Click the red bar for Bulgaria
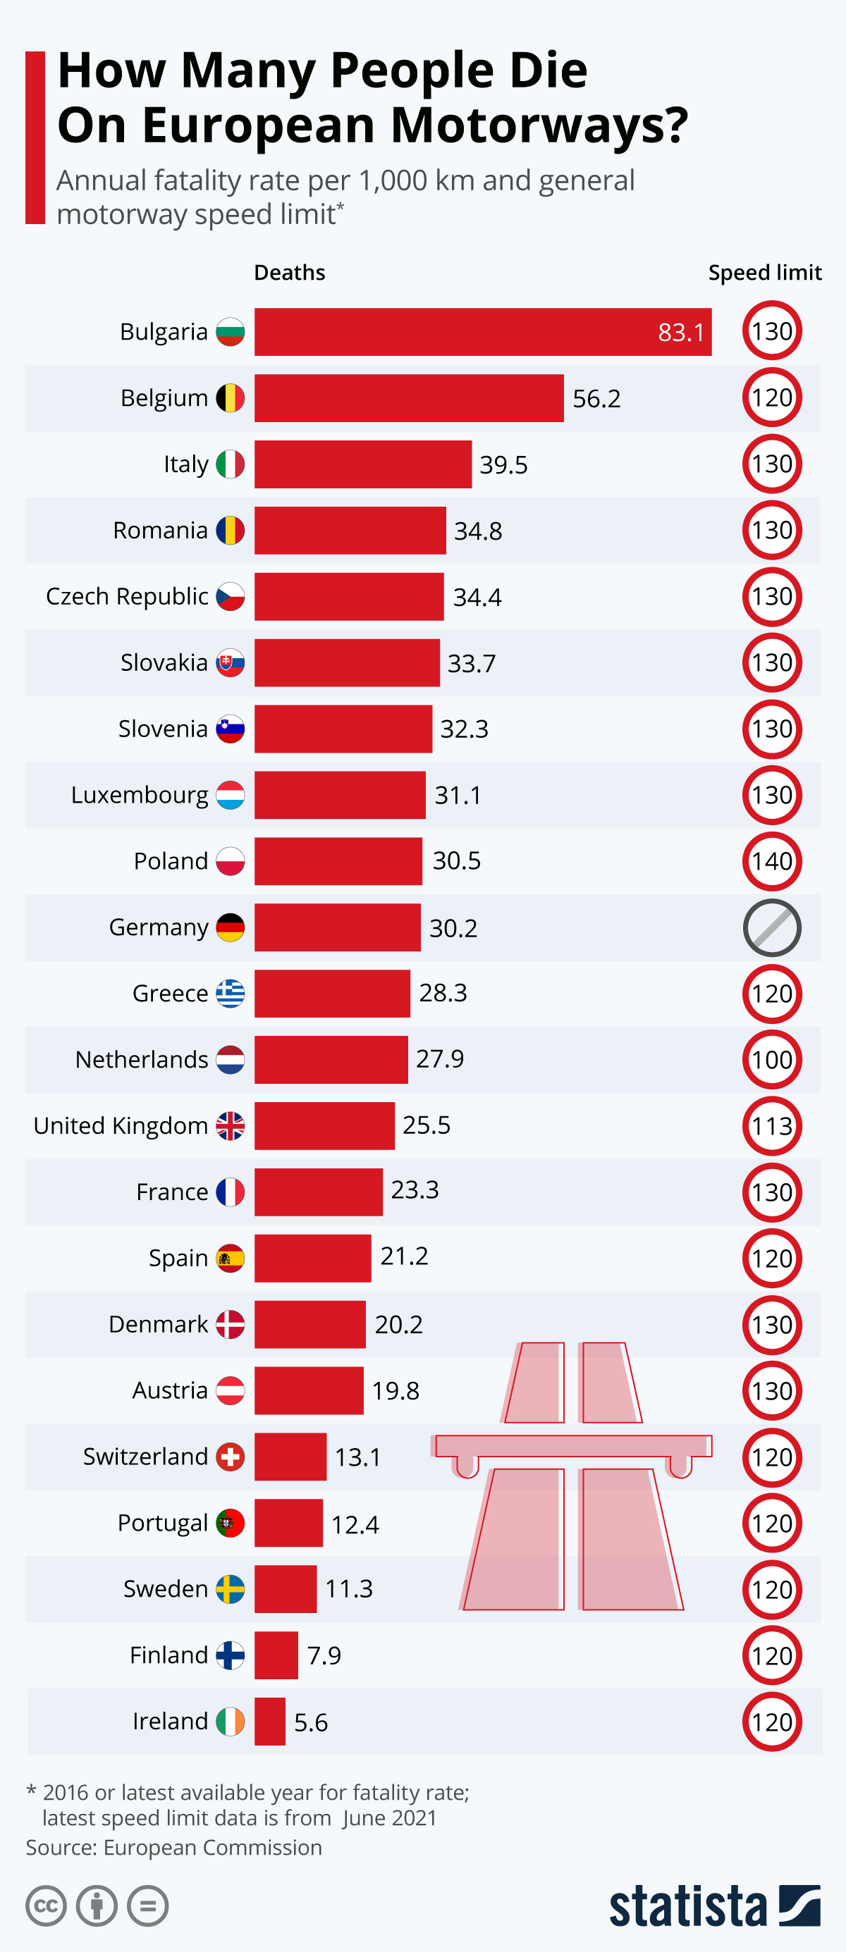[482, 331]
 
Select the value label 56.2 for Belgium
[596, 399]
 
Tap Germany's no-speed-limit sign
[771, 927]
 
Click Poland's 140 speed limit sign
[771, 862]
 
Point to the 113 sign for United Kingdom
[771, 1126]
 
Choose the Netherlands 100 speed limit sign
[771, 1059]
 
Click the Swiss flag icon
[230, 1457]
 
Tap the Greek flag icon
[230, 993]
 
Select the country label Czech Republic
[127, 596]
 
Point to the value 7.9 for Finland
[324, 1656]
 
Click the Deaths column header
[289, 273]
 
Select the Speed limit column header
[764, 273]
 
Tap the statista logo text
[687, 1906]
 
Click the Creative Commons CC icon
[47, 1905]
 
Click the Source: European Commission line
[173, 1848]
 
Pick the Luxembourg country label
[140, 795]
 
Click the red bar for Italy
[362, 464]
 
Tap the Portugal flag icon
[230, 1522]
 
